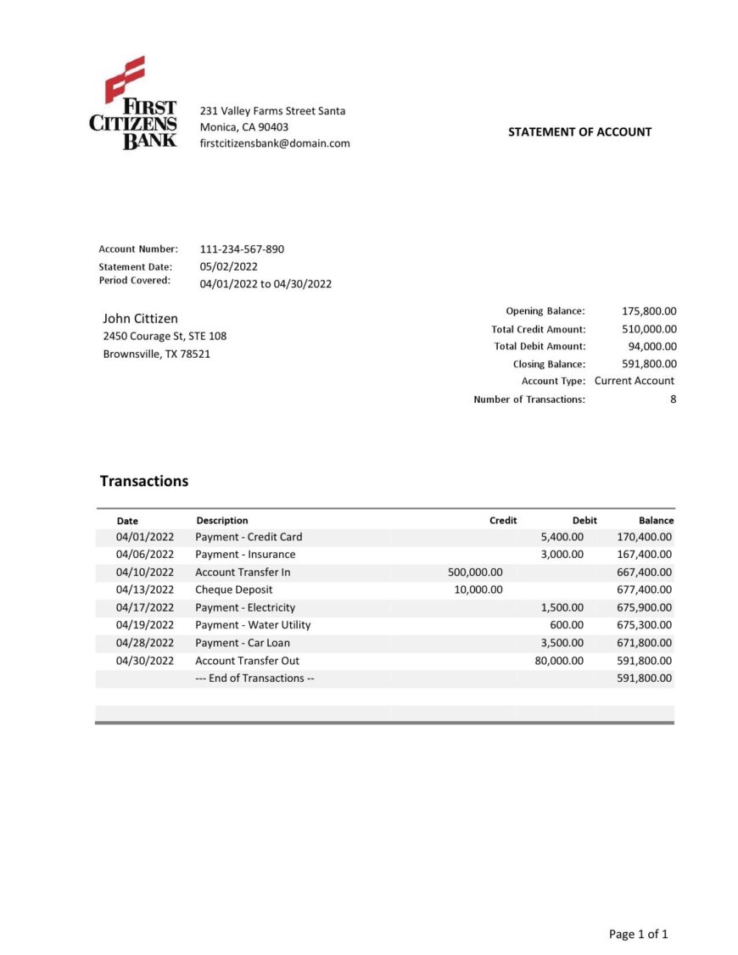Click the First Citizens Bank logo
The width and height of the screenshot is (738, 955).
click(x=133, y=103)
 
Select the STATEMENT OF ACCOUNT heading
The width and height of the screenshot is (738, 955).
click(x=579, y=132)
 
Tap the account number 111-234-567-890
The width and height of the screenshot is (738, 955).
click(x=242, y=249)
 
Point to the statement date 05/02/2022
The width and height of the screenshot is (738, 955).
click(x=228, y=266)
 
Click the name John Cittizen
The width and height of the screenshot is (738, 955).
click(x=140, y=319)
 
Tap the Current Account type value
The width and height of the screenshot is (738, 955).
click(x=635, y=381)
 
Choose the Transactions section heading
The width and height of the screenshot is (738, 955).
click(x=144, y=481)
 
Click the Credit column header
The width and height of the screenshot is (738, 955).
click(x=503, y=521)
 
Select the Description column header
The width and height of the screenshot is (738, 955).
click(x=222, y=521)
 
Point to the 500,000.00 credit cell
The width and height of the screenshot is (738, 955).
click(x=475, y=572)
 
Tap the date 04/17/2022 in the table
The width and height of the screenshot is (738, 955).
click(x=145, y=607)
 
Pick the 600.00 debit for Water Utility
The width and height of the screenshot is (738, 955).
click(x=567, y=625)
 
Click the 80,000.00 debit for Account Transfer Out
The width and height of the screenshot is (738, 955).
click(x=559, y=661)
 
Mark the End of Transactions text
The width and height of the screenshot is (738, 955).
click(x=254, y=679)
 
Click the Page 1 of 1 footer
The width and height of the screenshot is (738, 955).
click(x=638, y=935)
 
